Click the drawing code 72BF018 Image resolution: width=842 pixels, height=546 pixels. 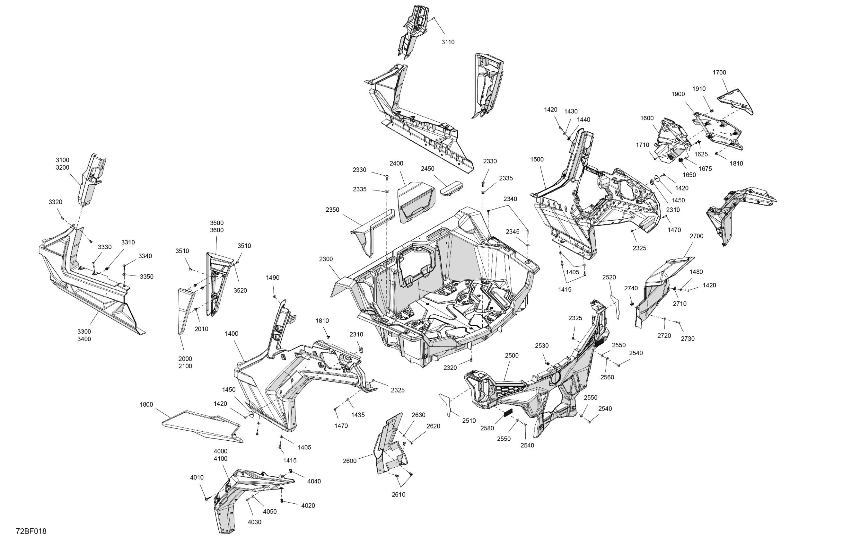pyautogui.click(x=31, y=531)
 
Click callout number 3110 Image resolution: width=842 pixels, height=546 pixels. pyautogui.click(x=448, y=42)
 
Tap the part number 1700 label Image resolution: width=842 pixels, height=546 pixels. pyautogui.click(x=719, y=73)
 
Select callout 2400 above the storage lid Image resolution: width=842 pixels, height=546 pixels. pyautogui.click(x=396, y=163)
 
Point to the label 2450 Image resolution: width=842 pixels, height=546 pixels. pyautogui.click(x=427, y=169)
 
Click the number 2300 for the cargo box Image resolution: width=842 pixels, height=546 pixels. pyautogui.click(x=326, y=259)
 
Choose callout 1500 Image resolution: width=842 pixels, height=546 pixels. pyautogui.click(x=537, y=160)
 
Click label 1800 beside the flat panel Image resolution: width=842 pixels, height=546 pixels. pyautogui.click(x=146, y=404)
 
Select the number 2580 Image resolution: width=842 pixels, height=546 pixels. pyautogui.click(x=487, y=428)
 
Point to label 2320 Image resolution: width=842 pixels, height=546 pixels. pyautogui.click(x=450, y=368)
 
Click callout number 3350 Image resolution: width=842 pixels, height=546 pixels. pyautogui.click(x=146, y=277)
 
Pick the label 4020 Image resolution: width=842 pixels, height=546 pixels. pyautogui.click(x=308, y=506)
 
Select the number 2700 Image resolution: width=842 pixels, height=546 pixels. pyautogui.click(x=696, y=236)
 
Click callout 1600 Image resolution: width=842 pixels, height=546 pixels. pyautogui.click(x=647, y=118)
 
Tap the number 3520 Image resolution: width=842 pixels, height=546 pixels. pyautogui.click(x=240, y=291)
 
